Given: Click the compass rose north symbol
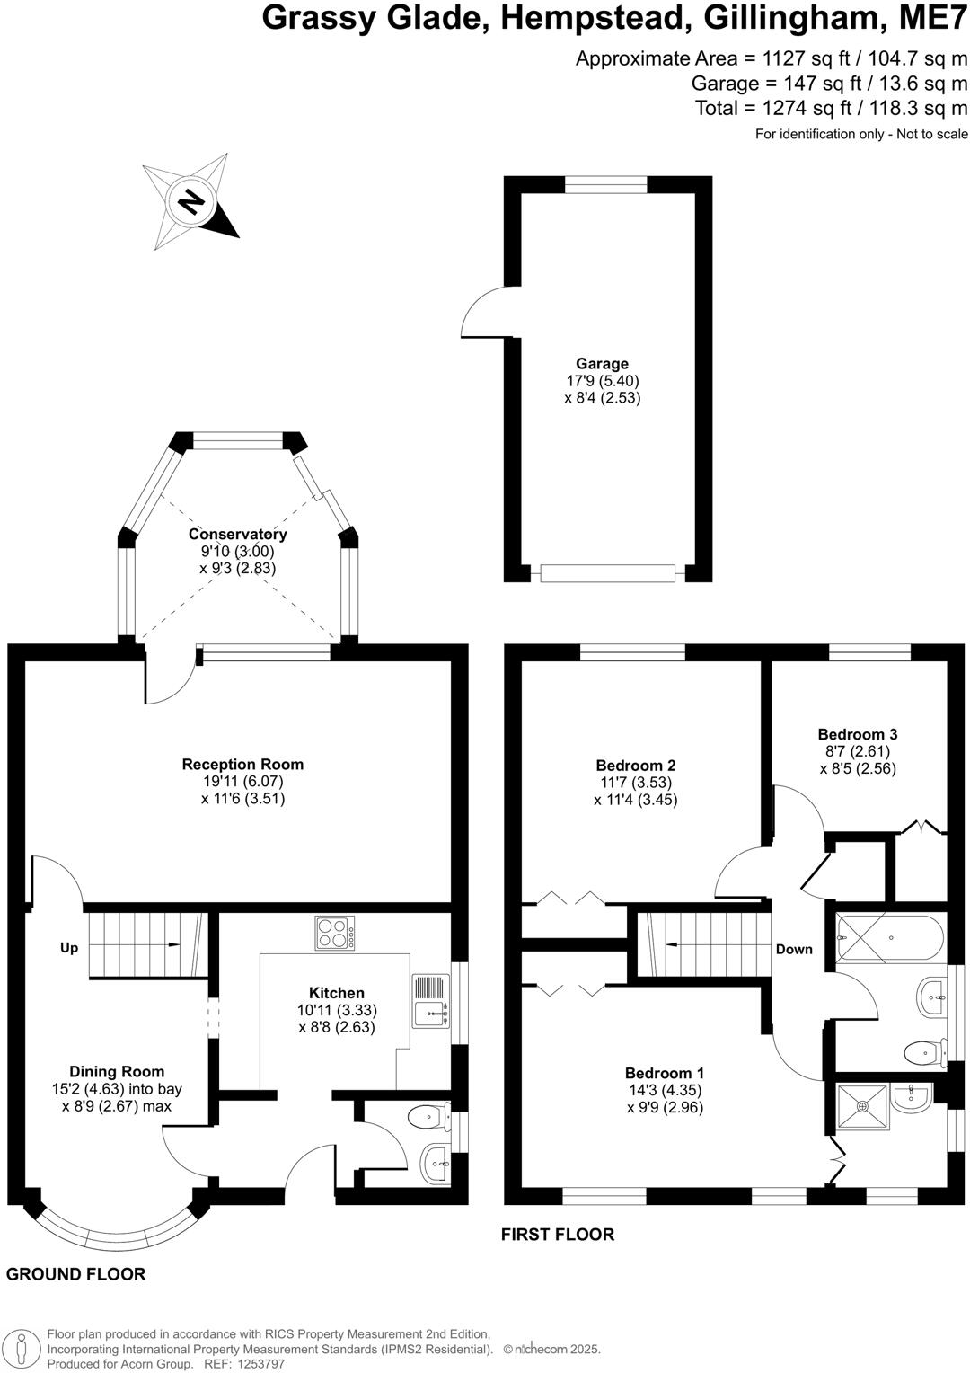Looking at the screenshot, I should (190, 201).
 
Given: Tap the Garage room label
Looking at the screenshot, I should (602, 364).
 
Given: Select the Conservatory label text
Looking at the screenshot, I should (237, 535).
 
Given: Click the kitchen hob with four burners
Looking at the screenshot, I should (334, 933).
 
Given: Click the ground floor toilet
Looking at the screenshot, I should (429, 1118).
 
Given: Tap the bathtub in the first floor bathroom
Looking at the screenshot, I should (890, 937).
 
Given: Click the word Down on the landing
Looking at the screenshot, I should (794, 949).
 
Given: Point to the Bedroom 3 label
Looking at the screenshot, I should (857, 734).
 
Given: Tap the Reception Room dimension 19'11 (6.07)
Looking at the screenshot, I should (242, 782).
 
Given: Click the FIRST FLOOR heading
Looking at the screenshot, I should (557, 1235).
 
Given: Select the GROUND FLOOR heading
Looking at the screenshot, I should (75, 1274).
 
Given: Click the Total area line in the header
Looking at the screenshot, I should (831, 109).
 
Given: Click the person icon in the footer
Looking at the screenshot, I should (24, 1348).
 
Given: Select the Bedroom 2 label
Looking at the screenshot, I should (635, 766).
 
